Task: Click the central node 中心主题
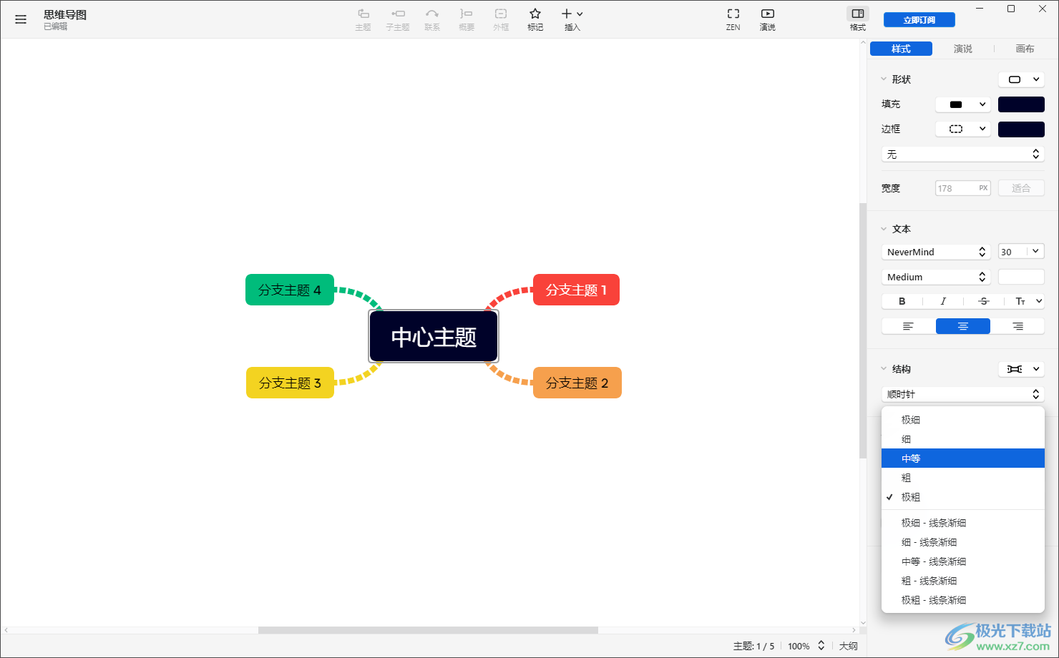434,337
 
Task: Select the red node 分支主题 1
576,290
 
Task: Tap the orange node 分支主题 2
577,383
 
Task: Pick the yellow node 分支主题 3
290,383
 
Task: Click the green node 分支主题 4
289,290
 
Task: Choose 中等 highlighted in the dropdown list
962,458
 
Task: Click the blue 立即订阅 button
919,20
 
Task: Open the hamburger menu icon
20,19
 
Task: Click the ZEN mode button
733,19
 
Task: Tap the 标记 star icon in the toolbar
535,19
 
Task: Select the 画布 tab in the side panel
1025,49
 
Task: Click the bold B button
902,301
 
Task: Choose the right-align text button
1017,326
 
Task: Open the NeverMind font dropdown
935,252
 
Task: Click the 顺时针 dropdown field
962,394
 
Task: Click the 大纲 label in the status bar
848,646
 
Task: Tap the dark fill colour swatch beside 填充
1021,104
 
